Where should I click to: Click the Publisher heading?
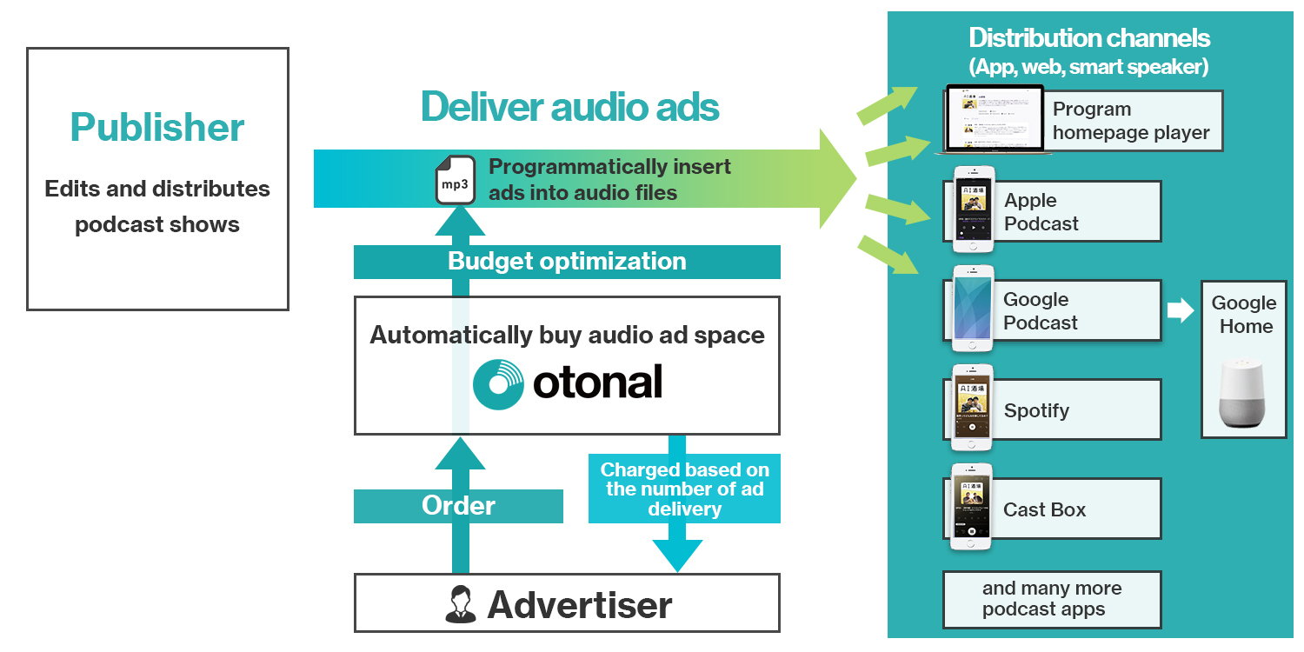(157, 128)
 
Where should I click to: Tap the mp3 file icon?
(455, 180)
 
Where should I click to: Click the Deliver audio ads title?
(569, 107)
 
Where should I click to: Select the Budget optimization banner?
(567, 262)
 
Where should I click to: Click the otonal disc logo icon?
(499, 383)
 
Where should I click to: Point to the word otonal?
(598, 382)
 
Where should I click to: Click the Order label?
(458, 505)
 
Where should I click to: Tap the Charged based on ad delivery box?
(684, 489)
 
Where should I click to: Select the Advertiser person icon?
(460, 604)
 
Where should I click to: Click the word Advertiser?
(580, 604)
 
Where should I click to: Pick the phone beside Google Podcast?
(973, 309)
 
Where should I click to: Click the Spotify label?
(1036, 410)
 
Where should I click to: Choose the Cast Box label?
(1044, 509)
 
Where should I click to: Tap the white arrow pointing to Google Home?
(1181, 310)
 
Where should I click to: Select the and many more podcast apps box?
(1052, 599)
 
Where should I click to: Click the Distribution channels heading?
(1089, 38)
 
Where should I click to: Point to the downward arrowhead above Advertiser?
(677, 555)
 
